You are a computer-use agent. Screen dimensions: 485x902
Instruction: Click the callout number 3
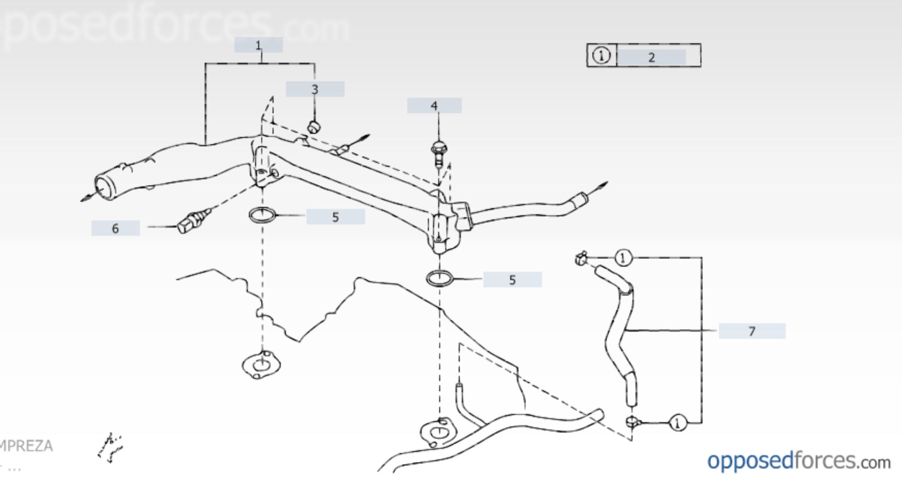click(x=315, y=90)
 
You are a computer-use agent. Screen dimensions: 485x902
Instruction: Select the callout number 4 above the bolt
click(x=434, y=106)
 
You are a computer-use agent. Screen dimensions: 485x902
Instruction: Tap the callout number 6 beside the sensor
click(x=115, y=228)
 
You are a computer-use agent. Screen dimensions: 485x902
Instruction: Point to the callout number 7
click(x=752, y=331)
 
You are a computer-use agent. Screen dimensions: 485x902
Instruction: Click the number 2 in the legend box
click(x=651, y=57)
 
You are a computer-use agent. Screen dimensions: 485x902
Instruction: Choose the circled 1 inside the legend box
click(x=601, y=55)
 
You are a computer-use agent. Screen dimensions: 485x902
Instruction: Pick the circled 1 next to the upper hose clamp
click(x=623, y=257)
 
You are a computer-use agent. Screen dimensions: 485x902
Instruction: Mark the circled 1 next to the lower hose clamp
click(x=677, y=423)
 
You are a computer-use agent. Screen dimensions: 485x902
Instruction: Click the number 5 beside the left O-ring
click(x=335, y=217)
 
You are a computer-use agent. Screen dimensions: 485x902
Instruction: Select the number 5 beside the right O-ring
click(x=512, y=280)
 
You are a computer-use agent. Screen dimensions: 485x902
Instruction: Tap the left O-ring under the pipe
click(x=262, y=215)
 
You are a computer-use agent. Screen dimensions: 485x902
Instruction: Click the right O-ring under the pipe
click(x=440, y=279)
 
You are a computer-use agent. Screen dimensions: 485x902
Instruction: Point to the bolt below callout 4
click(x=438, y=153)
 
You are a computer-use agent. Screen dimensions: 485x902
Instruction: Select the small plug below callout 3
click(x=314, y=127)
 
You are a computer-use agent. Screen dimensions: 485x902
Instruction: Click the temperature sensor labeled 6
click(x=191, y=221)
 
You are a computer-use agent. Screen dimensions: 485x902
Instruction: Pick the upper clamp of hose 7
click(x=582, y=258)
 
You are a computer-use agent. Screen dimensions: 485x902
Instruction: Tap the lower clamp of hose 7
click(x=633, y=422)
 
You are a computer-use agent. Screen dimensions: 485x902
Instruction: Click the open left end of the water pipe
click(x=105, y=185)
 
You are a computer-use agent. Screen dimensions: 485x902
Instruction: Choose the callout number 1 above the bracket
click(x=258, y=45)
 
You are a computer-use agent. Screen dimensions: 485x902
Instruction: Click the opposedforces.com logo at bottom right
click(x=798, y=461)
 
